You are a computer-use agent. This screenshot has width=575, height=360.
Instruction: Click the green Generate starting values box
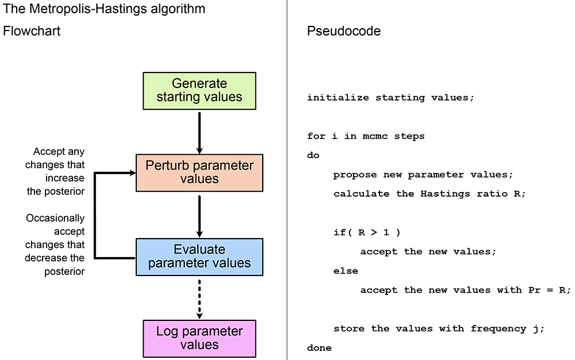pos(200,91)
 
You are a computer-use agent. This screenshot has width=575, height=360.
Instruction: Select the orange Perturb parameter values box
pos(200,173)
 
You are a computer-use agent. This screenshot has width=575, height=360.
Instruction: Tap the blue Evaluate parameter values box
pos(200,257)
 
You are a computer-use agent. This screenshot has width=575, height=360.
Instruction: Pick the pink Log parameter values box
pos(200,339)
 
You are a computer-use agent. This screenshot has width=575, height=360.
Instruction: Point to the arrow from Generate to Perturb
pos(200,133)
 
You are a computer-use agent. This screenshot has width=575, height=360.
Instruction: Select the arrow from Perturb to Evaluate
pos(200,216)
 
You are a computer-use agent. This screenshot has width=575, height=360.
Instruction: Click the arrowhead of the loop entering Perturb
pos(133,173)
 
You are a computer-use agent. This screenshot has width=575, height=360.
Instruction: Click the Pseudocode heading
pos(344,31)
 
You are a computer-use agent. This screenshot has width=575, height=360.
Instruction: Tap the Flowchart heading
pos(32,31)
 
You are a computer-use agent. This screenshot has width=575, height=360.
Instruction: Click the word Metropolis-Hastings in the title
pos(87,9)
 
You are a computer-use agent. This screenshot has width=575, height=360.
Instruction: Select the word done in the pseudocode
pos(319,347)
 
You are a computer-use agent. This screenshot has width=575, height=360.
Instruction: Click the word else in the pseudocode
pos(346,271)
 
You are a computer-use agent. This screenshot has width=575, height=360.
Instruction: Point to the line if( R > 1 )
pos(367,232)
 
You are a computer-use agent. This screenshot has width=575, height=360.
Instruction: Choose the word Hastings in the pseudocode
pos(445,194)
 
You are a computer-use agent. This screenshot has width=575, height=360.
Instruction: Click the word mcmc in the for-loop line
pos(375,136)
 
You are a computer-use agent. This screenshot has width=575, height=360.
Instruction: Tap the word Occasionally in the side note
pos(55,218)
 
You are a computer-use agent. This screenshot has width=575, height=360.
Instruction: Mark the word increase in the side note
pos(65,178)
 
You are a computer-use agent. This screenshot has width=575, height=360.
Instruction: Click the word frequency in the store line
pos(499,328)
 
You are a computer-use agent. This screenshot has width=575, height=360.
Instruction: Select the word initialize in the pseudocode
pos(338,98)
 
